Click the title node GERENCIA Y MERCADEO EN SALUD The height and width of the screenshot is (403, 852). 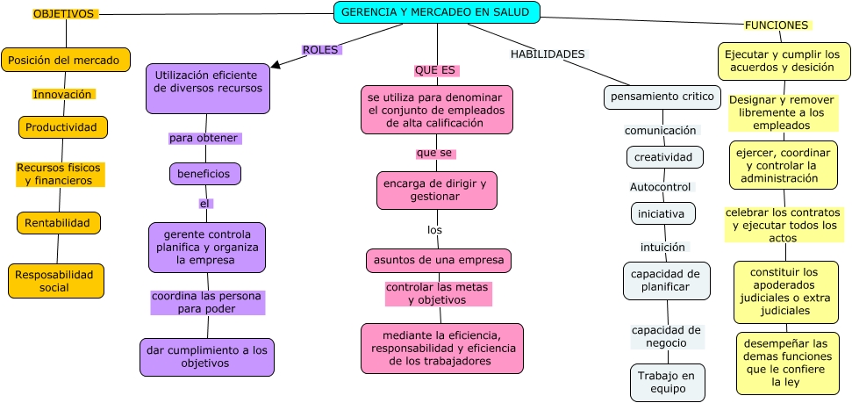click(x=436, y=12)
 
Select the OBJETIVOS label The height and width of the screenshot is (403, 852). click(x=64, y=14)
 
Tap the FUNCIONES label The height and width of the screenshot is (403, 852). click(x=776, y=25)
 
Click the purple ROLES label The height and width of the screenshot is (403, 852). click(x=320, y=50)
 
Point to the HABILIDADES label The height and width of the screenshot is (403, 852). click(x=548, y=54)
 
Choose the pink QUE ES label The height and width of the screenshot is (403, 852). click(x=436, y=70)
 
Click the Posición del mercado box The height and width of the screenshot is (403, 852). click(x=66, y=60)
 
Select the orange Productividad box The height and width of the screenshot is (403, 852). click(x=63, y=127)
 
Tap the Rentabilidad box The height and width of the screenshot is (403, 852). click(x=59, y=223)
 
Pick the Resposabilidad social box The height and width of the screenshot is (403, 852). click(x=56, y=281)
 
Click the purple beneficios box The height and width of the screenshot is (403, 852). click(x=204, y=174)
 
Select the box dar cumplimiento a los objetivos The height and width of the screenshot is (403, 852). click(x=206, y=356)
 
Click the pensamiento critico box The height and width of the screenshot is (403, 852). click(x=662, y=97)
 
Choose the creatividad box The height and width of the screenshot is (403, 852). click(x=665, y=157)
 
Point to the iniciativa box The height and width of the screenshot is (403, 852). click(x=663, y=213)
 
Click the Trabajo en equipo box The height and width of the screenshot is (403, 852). click(x=667, y=382)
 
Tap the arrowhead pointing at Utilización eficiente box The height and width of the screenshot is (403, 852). click(x=276, y=63)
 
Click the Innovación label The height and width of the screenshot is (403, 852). click(x=62, y=94)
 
